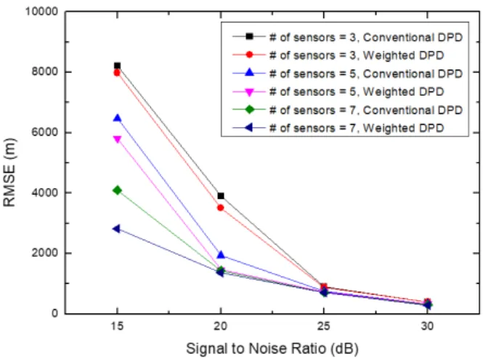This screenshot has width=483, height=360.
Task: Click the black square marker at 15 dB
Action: (x=117, y=65)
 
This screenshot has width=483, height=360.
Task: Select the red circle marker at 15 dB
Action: (x=117, y=73)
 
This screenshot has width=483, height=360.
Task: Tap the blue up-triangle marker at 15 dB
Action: (x=117, y=118)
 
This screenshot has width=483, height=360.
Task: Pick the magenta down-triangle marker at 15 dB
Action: (x=117, y=139)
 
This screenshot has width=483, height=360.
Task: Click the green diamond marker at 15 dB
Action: (x=117, y=190)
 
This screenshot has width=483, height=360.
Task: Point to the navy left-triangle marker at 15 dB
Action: (x=116, y=229)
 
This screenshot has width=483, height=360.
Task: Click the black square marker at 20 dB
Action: (x=221, y=196)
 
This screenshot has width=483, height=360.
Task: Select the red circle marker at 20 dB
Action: (x=221, y=208)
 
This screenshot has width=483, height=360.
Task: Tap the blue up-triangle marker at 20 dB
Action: (x=221, y=255)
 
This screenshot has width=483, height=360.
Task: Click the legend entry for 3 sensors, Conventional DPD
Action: (x=347, y=37)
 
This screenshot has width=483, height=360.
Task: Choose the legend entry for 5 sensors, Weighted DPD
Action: (x=338, y=91)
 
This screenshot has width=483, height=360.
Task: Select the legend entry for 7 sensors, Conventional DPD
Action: (x=347, y=110)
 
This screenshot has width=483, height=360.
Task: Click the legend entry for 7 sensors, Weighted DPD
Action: (x=338, y=128)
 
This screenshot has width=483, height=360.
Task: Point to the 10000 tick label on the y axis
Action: (x=41, y=12)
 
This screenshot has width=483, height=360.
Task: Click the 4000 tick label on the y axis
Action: (x=45, y=192)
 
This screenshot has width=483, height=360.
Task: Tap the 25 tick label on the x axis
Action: (x=324, y=326)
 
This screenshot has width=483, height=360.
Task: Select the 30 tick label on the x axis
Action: (x=427, y=326)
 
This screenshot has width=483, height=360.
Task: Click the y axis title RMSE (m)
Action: (x=9, y=173)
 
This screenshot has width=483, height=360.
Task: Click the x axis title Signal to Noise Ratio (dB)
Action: (x=272, y=349)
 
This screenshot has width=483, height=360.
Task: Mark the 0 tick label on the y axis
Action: (x=54, y=314)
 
